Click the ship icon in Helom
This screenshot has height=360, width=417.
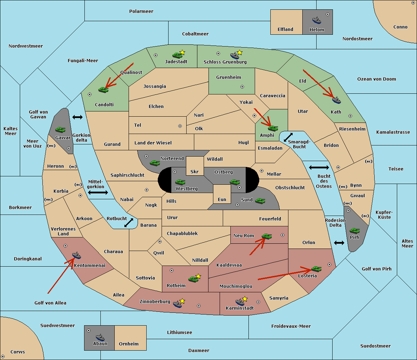click(317, 20)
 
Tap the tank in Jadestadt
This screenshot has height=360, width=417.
click(178, 55)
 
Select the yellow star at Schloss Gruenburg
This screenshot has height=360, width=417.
click(239, 53)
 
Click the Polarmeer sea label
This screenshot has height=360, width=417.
click(141, 11)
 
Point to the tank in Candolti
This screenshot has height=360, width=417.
click(103, 90)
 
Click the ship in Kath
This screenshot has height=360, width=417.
click(336, 100)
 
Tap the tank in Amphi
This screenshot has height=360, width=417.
click(273, 128)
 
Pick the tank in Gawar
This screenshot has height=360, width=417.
click(60, 129)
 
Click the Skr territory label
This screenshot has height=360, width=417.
click(194, 171)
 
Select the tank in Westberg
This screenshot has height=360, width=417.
click(180, 182)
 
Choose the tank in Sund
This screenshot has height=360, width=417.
click(260, 201)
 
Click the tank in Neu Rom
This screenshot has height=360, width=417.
click(267, 236)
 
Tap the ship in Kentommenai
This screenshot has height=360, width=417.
click(76, 255)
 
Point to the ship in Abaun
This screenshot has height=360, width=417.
click(100, 337)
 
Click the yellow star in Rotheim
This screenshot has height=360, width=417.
click(198, 276)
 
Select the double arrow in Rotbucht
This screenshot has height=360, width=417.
click(129, 223)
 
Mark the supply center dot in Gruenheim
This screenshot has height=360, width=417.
click(242, 87)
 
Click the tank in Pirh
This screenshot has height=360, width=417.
click(354, 231)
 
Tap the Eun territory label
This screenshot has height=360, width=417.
click(222, 199)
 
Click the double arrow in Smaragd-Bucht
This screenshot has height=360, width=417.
click(288, 137)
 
